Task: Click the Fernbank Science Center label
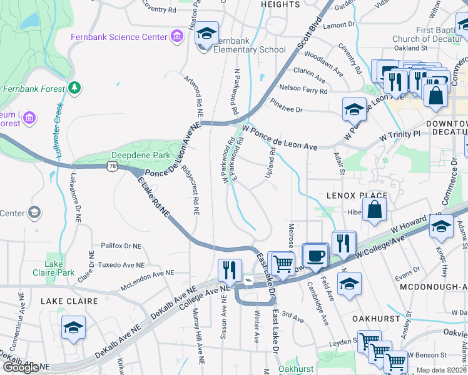(119, 37)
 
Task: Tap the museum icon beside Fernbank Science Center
(178, 37)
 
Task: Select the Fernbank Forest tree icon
(74, 87)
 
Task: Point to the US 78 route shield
(112, 166)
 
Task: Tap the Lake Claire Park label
(59, 268)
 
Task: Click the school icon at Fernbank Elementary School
(206, 34)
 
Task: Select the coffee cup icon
(317, 256)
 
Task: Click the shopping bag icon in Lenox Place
(374, 212)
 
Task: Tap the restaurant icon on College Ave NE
(230, 270)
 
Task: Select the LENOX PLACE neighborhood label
(357, 196)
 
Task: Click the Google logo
(21, 367)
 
